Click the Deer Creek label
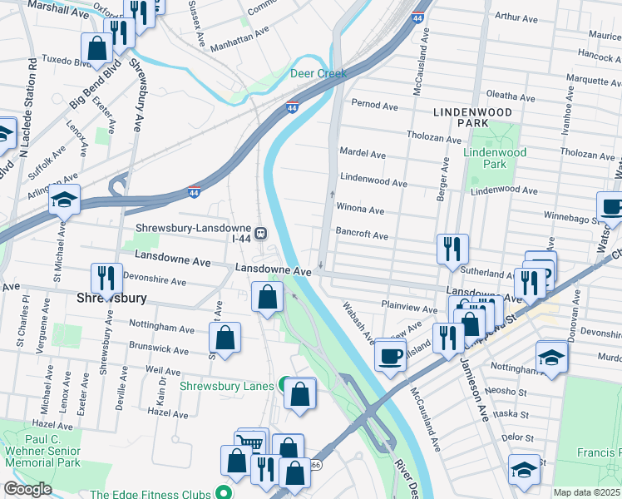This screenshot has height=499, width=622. [x=318, y=73]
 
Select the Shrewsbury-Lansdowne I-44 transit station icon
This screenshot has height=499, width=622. [x=261, y=234]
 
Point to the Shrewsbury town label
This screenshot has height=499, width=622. [x=112, y=297]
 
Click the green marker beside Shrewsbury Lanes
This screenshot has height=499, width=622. [x=284, y=385]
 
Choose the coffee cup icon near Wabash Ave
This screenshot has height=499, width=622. [x=390, y=355]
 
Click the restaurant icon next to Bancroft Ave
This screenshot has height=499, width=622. [x=452, y=249]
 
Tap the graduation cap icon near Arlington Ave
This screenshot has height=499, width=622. [x=64, y=200]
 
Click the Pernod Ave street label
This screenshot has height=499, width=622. [x=375, y=106]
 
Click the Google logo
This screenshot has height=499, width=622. [x=27, y=489]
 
